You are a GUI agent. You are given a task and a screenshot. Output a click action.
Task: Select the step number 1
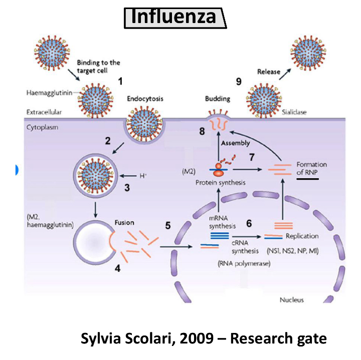click(120, 80)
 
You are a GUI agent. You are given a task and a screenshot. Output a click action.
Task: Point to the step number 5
click(167, 226)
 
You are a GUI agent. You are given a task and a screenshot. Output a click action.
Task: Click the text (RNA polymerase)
click(244, 263)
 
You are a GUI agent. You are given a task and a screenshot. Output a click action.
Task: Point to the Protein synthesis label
click(220, 183)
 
